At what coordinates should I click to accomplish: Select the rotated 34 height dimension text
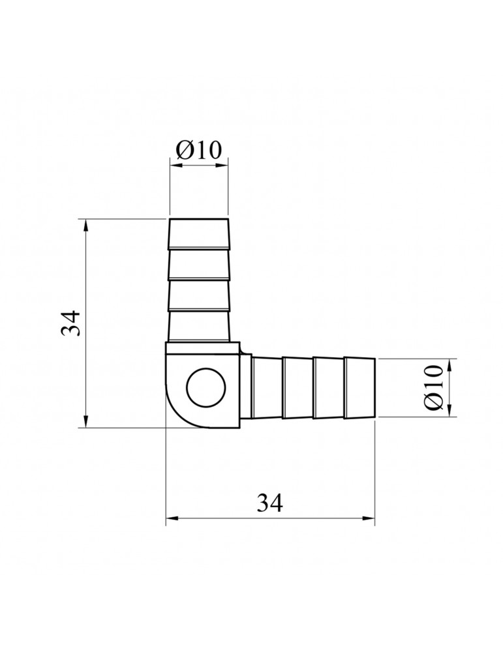pyautogui.click(x=70, y=323)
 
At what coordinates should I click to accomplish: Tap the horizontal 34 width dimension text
pyautogui.click(x=269, y=503)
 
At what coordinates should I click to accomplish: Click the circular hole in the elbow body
pyautogui.click(x=206, y=387)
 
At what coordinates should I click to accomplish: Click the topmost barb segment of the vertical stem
pyautogui.click(x=199, y=234)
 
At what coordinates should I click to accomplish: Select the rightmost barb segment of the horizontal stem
pyautogui.click(x=360, y=387)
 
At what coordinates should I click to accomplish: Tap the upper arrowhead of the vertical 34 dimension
pyautogui.click(x=85, y=226)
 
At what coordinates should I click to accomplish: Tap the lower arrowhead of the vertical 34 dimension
pyautogui.click(x=85, y=421)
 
